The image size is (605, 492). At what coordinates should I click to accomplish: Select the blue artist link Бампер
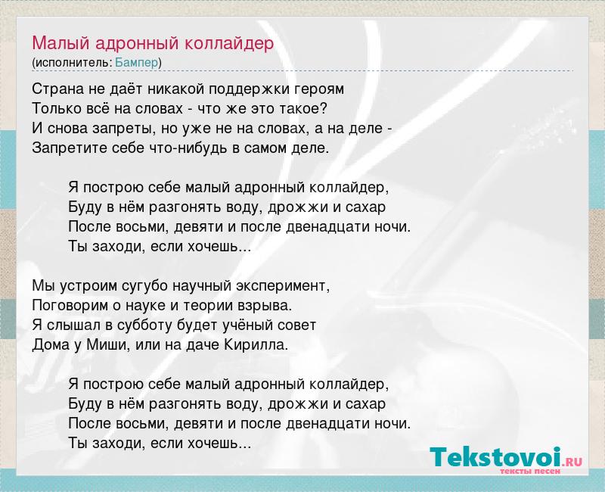pyautogui.click(x=137, y=63)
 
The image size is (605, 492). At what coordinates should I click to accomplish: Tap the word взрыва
pyautogui.click(x=268, y=306)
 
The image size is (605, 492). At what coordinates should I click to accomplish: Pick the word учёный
pyautogui.click(x=248, y=325)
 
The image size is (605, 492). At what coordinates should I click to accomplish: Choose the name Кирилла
pyautogui.click(x=256, y=345)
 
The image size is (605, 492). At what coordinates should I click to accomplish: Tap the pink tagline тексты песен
pyautogui.click(x=530, y=471)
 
